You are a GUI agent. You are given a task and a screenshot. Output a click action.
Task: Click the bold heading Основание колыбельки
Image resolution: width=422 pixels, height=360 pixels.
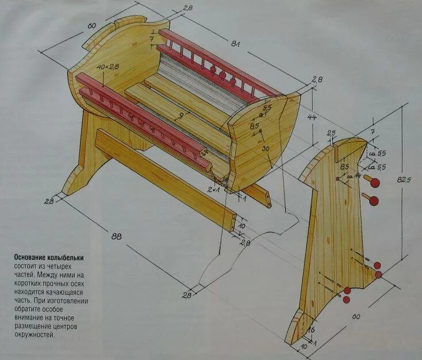coord(52,258)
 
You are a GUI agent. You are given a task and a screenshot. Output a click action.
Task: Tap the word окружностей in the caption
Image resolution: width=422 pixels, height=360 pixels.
coord(34,335)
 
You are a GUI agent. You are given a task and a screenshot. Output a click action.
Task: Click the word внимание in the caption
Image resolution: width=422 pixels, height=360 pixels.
coord(32,318)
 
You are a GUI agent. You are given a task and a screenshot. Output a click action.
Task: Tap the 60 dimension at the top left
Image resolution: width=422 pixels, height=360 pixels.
coord(91,26)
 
